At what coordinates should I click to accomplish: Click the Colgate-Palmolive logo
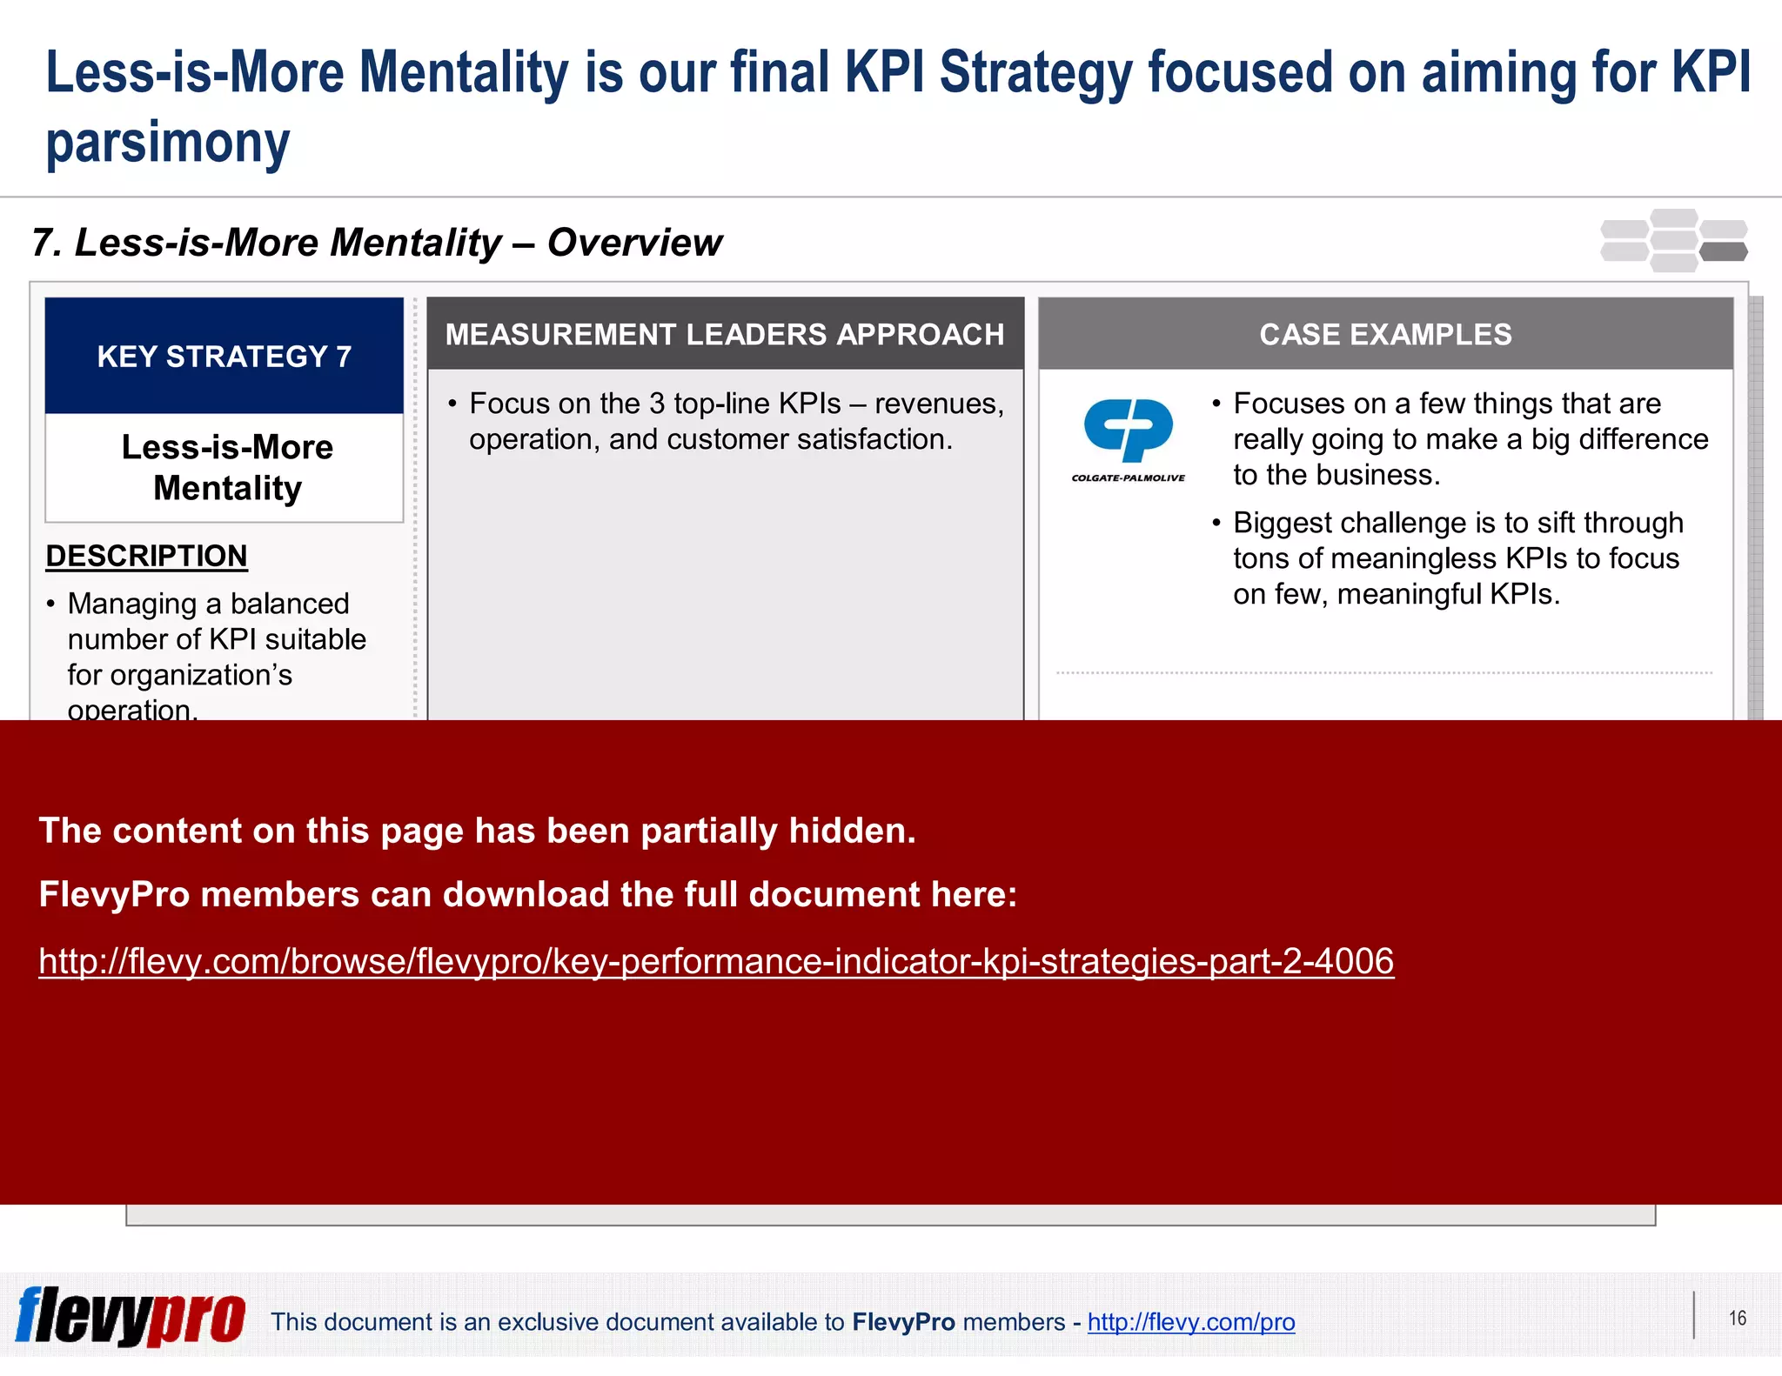coord(1128,438)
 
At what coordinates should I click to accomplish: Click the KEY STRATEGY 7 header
coord(224,356)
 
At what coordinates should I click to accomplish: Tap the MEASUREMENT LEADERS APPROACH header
coord(725,334)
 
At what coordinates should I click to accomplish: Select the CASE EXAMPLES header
coord(1385,334)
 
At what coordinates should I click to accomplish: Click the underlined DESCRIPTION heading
coord(146,556)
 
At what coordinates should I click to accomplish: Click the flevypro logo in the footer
coord(131,1317)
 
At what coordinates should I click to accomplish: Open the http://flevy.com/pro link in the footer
coord(1190,1322)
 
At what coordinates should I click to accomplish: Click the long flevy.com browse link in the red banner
coord(715,961)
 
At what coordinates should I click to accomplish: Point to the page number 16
coord(1737,1319)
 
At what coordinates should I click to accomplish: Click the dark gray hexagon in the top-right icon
coord(1723,252)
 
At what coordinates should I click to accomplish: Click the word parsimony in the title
coord(167,143)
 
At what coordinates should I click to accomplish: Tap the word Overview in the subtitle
coord(634,243)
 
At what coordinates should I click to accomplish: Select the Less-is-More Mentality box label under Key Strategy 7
coord(227,468)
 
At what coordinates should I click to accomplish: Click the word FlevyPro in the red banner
coord(114,894)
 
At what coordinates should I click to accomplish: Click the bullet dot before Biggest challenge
coord(1216,523)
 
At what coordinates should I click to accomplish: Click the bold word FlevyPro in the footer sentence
coord(903,1322)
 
